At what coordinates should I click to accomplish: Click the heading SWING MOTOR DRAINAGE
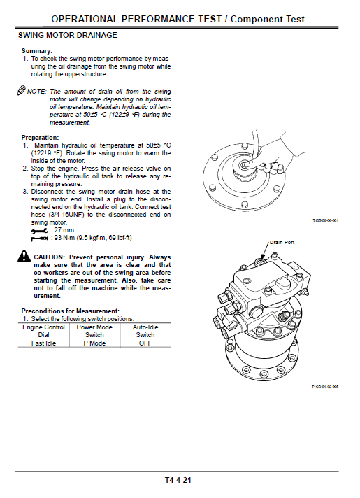coord(67,34)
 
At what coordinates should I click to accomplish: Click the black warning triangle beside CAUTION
coord(25,258)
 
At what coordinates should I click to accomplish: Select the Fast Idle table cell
coord(43,343)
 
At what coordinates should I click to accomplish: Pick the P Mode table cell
coord(94,343)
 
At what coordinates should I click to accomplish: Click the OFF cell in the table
coord(145,343)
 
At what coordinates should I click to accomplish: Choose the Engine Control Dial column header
coord(43,330)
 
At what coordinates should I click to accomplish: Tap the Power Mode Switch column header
coord(94,330)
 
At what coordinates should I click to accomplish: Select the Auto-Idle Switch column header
coord(145,330)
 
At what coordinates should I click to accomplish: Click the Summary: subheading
coord(37,51)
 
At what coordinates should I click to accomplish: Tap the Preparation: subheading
coord(40,138)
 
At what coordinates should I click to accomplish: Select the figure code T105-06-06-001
coord(325,220)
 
